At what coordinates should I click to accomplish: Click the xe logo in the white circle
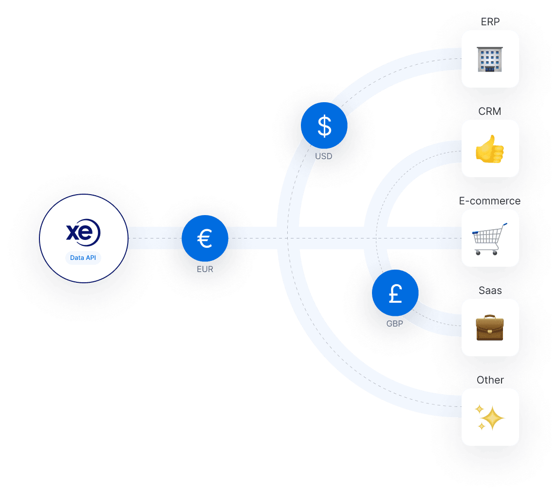click(83, 233)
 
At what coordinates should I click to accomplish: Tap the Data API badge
click(83, 257)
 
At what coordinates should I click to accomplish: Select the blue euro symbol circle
click(205, 238)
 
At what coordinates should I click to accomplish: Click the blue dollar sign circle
click(324, 126)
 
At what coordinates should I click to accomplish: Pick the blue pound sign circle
click(395, 293)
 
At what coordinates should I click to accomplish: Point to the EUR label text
click(205, 269)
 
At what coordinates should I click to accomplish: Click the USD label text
click(324, 156)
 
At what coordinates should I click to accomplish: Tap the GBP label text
click(395, 323)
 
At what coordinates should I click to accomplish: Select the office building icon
click(490, 59)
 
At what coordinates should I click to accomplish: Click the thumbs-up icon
click(490, 149)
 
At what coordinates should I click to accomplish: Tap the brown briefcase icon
click(490, 328)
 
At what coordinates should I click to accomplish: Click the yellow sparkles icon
click(490, 417)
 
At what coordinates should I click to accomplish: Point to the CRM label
click(490, 111)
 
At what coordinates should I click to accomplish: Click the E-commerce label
click(490, 201)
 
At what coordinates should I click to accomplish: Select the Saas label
click(490, 291)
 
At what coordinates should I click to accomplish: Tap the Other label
click(490, 380)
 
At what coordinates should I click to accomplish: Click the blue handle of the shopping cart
click(503, 225)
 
